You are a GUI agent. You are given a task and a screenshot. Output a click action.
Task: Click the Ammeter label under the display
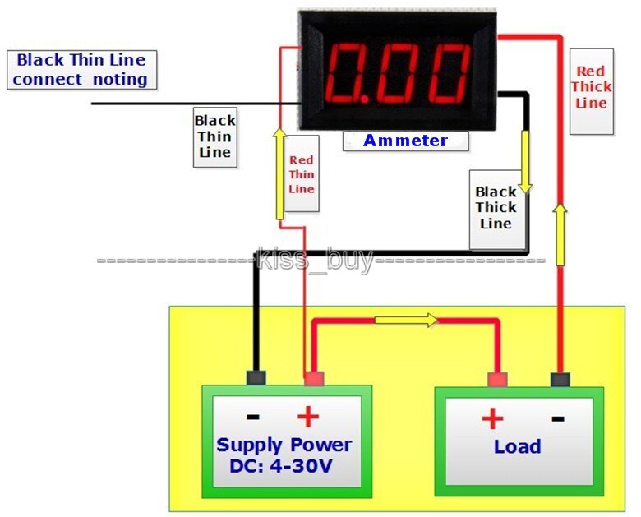[x=405, y=141]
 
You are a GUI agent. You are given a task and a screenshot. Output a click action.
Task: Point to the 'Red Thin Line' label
[x=302, y=174]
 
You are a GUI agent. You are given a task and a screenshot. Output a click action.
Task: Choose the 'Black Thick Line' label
[x=496, y=208]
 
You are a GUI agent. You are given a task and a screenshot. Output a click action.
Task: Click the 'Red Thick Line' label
[x=591, y=88]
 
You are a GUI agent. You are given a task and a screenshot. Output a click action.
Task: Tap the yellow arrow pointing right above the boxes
[x=407, y=321]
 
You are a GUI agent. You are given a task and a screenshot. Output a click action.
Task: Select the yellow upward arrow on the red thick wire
[x=560, y=234]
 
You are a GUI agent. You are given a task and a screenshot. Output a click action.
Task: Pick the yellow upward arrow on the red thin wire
[x=279, y=173]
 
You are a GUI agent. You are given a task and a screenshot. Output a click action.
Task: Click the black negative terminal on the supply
[x=256, y=378]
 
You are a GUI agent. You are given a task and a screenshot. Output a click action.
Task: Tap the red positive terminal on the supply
[x=312, y=379]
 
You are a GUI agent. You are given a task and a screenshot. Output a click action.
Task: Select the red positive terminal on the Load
[x=496, y=379]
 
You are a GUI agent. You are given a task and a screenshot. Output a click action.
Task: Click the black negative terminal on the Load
[x=560, y=379]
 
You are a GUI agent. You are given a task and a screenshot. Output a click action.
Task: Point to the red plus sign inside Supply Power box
[x=307, y=417]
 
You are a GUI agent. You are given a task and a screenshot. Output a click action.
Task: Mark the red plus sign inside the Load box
[x=492, y=419]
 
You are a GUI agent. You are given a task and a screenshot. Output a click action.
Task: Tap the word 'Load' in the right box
[x=517, y=446]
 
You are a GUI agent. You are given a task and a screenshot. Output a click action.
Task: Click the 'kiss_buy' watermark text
[x=315, y=260]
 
